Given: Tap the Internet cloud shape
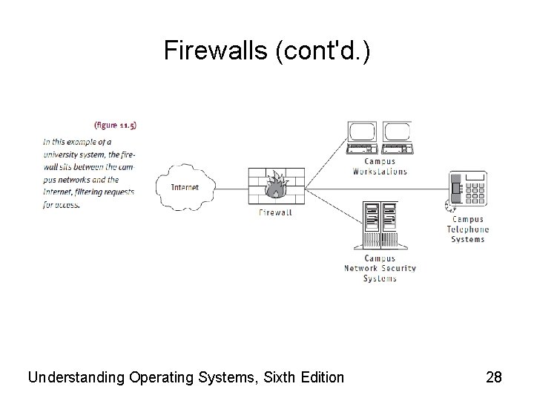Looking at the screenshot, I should coord(185,187).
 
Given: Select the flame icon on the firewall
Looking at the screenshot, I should coord(276,186).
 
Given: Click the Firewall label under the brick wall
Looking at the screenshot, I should coord(275,212).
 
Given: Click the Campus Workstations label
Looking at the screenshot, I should coord(380,166).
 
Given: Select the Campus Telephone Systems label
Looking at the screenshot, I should coord(467,229).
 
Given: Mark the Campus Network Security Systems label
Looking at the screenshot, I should coord(380,268).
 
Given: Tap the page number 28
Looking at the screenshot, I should coord(494,378).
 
